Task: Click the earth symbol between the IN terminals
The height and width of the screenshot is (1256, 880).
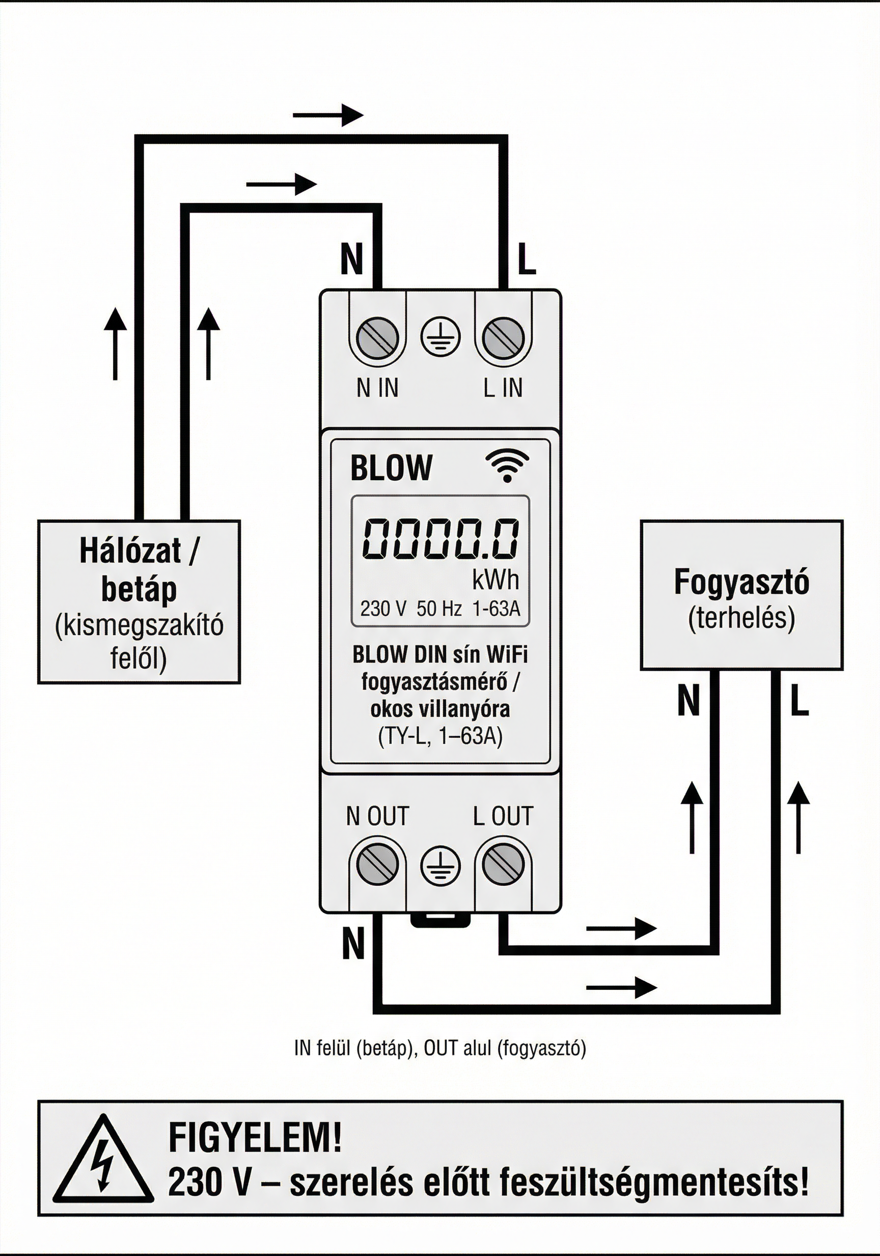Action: [x=441, y=336]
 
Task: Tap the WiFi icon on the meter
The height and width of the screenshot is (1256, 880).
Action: [x=507, y=466]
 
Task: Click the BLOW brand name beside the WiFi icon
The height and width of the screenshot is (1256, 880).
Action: [x=391, y=468]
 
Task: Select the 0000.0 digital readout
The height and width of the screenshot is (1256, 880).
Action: [x=441, y=539]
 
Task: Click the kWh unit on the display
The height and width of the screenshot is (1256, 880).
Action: [x=496, y=581]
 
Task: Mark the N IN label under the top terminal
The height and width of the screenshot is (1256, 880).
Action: [x=377, y=388]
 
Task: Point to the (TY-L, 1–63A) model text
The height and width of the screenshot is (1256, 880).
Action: [x=440, y=736]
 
